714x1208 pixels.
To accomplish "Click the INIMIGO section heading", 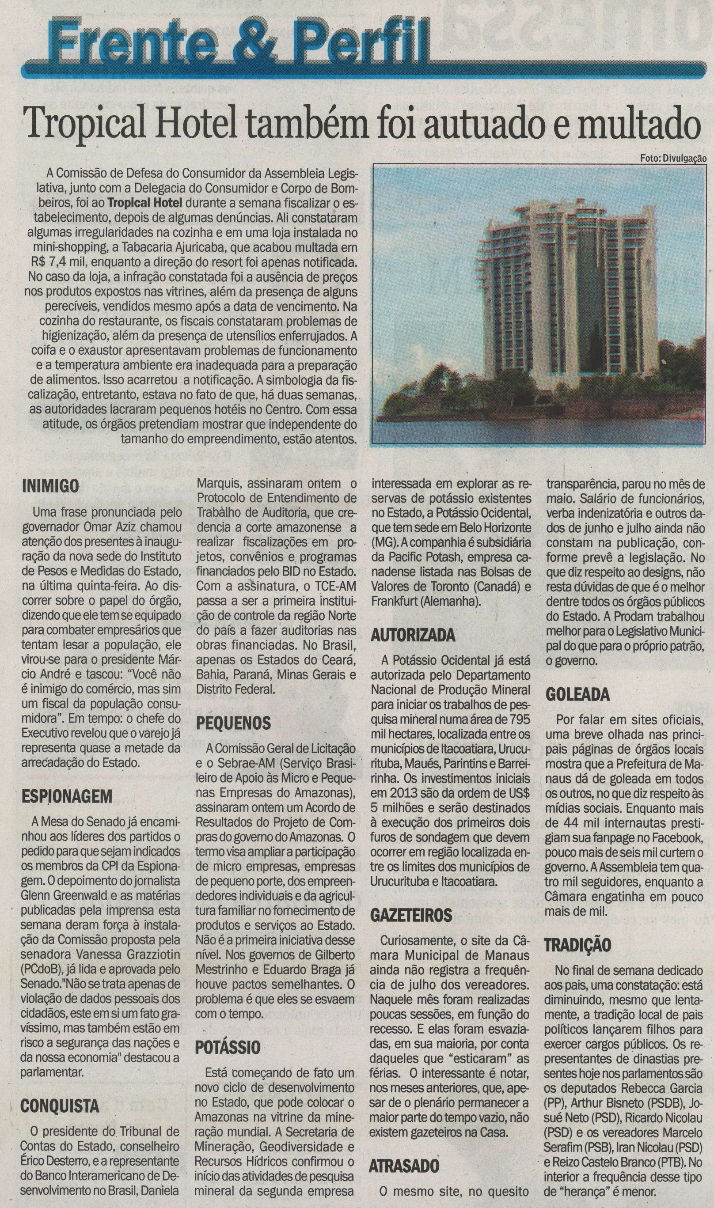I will pyautogui.click(x=50, y=486).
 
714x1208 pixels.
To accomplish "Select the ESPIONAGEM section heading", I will pyautogui.click(x=67, y=797).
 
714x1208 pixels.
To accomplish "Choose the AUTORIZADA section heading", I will pyautogui.click(x=412, y=636).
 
